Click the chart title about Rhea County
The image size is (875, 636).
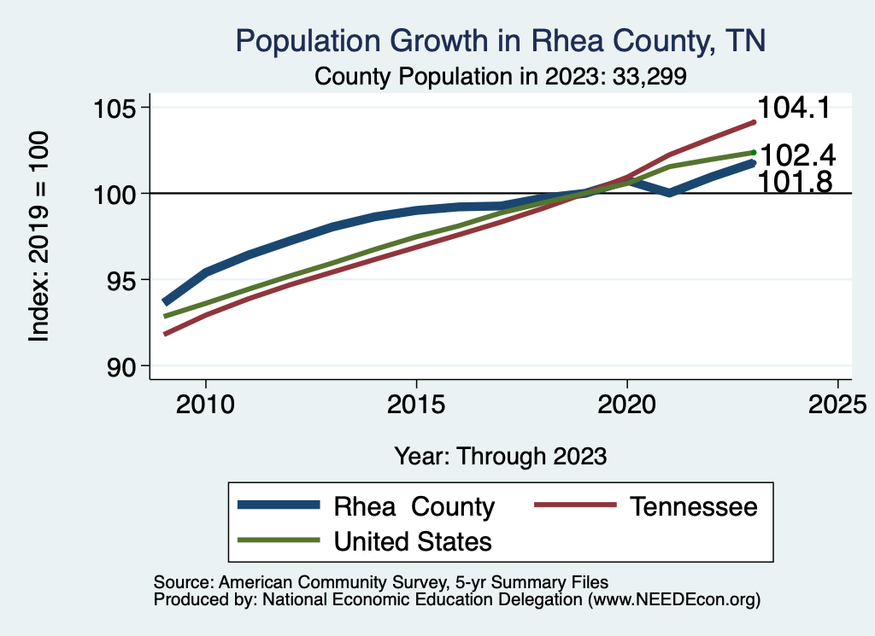tap(501, 41)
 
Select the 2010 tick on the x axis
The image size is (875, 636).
tap(206, 403)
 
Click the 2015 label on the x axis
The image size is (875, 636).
tap(416, 403)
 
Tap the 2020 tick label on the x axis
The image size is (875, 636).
tap(626, 403)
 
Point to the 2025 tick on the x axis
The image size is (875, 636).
tap(837, 403)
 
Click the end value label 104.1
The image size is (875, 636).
tap(796, 108)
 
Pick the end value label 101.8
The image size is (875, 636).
tap(796, 180)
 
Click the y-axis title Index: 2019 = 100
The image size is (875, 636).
tap(38, 236)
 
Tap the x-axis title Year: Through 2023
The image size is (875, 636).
tap(501, 456)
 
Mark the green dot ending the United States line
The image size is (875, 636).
tap(754, 153)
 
